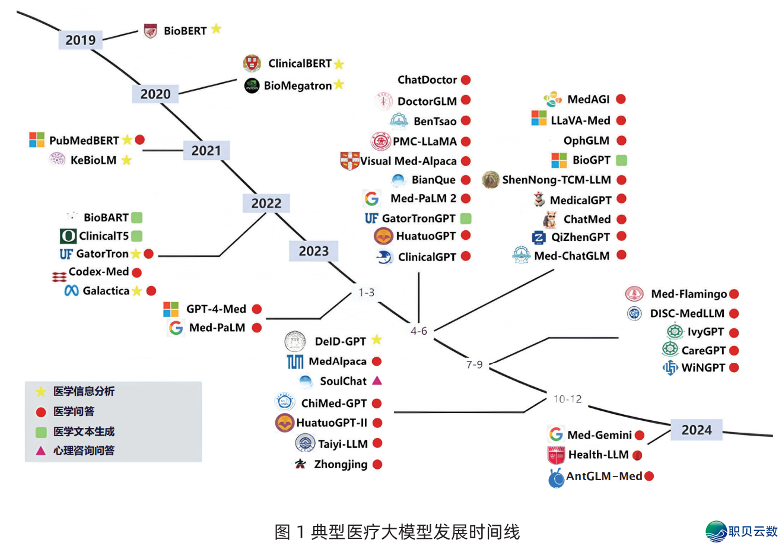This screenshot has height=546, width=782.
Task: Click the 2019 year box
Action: (x=80, y=40)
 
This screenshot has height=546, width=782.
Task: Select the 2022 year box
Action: (x=266, y=203)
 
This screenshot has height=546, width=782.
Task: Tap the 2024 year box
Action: (x=696, y=430)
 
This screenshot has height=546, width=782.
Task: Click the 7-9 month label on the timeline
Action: (x=474, y=364)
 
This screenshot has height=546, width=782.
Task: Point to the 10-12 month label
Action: (x=567, y=399)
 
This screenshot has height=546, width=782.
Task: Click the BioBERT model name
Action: (x=185, y=31)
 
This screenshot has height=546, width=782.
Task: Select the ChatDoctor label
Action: (x=427, y=80)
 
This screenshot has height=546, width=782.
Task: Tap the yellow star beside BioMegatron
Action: (x=339, y=84)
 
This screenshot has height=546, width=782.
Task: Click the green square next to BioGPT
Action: (x=621, y=160)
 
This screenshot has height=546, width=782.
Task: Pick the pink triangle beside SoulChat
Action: (x=377, y=380)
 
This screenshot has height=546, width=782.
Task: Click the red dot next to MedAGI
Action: (x=621, y=99)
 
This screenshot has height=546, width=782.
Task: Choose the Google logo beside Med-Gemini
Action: (x=556, y=434)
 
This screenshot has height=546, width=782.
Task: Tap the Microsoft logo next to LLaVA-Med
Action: (x=539, y=118)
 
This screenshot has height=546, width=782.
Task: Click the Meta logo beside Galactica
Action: (x=72, y=291)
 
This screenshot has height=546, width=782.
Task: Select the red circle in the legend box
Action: (x=41, y=411)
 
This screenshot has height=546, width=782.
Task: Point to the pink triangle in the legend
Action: (x=41, y=450)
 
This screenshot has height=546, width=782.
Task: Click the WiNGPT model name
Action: (x=703, y=368)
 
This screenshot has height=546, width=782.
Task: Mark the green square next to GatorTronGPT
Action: (x=466, y=218)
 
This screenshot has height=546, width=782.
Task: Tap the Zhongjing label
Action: (x=341, y=464)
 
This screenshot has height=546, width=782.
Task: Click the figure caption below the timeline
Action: (x=397, y=532)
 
